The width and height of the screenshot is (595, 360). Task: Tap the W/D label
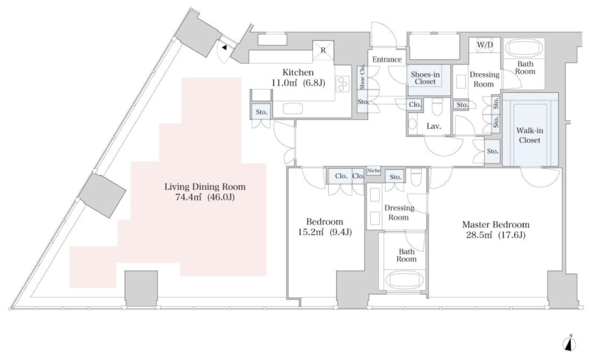coord(485,45)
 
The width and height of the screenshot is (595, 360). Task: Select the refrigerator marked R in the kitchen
coord(323,51)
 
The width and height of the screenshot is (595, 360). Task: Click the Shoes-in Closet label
coord(425,78)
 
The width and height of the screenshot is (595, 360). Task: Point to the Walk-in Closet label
coord(529,135)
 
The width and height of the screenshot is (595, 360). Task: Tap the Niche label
coord(374,171)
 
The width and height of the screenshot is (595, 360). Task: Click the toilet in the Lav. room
coord(437,107)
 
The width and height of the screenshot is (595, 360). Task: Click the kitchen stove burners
coord(343,85)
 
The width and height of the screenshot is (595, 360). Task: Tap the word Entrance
coord(386,60)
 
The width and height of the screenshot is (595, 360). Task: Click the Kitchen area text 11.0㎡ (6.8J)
coord(298,82)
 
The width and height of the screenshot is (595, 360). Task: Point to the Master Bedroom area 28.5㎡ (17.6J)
coord(496,235)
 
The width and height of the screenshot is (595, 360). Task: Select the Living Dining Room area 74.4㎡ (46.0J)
coord(205,197)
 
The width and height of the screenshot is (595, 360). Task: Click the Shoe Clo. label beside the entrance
coord(363,78)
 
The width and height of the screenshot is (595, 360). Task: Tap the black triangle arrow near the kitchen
coord(224,48)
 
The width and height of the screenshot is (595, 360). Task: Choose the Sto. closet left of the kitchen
coord(261,112)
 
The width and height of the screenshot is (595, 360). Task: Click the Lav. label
coord(433,127)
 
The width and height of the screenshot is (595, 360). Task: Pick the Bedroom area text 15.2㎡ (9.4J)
coord(324,232)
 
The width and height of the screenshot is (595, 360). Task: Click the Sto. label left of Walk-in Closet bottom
coord(493,151)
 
